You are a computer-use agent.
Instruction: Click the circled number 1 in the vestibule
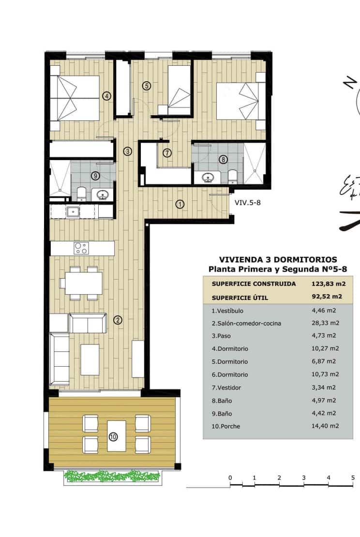180,204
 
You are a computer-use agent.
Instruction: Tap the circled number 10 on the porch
113,436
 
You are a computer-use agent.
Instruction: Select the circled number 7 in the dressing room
167,153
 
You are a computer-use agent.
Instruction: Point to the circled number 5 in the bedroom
147,86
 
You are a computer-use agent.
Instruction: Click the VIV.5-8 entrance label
248,203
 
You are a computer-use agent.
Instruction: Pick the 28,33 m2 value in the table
326,323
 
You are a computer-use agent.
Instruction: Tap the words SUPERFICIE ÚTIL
240,298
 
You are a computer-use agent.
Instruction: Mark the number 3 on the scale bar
303,478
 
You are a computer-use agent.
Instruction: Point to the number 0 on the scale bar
230,478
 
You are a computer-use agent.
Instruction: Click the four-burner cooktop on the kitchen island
81,248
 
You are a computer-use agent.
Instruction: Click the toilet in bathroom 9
81,194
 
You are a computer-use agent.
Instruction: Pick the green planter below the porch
113,477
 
